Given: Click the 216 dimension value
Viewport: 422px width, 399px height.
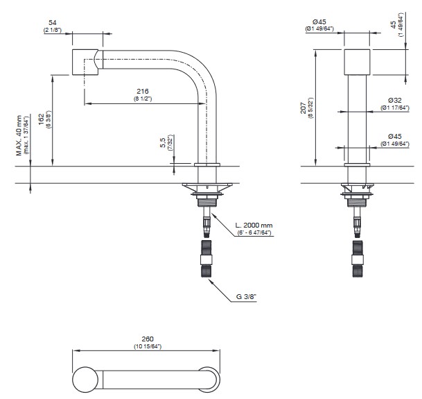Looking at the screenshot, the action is [x=143, y=92].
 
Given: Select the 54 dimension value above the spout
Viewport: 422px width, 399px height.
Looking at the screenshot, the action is [x=52, y=23].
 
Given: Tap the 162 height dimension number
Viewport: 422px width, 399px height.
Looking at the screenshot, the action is [x=41, y=119].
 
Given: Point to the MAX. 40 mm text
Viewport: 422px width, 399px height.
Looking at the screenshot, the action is [x=19, y=135].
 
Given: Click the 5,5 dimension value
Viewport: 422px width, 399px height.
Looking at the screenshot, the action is [x=163, y=142].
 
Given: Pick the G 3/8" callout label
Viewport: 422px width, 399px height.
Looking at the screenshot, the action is [x=246, y=297].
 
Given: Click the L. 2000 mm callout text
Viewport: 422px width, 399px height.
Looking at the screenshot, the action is [x=254, y=226].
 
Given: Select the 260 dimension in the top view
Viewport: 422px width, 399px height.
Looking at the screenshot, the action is [x=148, y=339].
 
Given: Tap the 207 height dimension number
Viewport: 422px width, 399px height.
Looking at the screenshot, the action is [x=304, y=108].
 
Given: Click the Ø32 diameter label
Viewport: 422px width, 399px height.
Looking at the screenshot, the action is [x=395, y=101].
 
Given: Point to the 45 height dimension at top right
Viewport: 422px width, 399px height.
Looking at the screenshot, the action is [x=394, y=25].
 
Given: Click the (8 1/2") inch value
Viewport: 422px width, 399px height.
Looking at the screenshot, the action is [x=143, y=99].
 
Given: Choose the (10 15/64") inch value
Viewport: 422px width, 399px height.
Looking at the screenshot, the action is [x=148, y=346].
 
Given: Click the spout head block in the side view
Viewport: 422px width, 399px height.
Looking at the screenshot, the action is [x=85, y=62].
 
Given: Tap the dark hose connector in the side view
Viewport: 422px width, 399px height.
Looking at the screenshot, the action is [x=206, y=259].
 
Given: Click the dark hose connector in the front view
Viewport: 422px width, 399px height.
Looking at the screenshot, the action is [x=358, y=259].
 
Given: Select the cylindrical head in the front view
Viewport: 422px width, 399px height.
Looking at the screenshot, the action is [x=357, y=62].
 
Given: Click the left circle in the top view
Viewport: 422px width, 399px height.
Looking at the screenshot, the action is [x=85, y=380].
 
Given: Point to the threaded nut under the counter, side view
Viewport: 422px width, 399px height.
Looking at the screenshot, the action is [x=207, y=203].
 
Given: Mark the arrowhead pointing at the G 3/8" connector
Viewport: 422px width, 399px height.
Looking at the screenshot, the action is [x=211, y=280].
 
